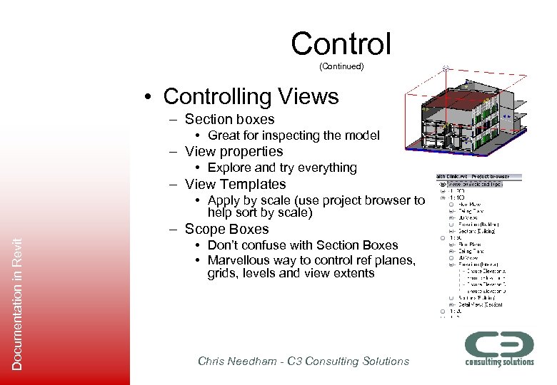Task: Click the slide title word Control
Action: (x=341, y=43)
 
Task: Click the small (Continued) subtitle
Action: (x=341, y=66)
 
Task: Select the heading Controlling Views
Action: (x=250, y=96)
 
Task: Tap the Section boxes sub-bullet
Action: (x=229, y=120)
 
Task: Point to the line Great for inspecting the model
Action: (x=293, y=135)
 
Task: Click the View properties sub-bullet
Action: (x=234, y=152)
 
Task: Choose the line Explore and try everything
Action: (x=282, y=168)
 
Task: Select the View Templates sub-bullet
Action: (x=235, y=184)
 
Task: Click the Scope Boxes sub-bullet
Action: (x=226, y=229)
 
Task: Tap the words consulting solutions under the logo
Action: (x=499, y=361)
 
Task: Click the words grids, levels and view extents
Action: (x=291, y=273)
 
